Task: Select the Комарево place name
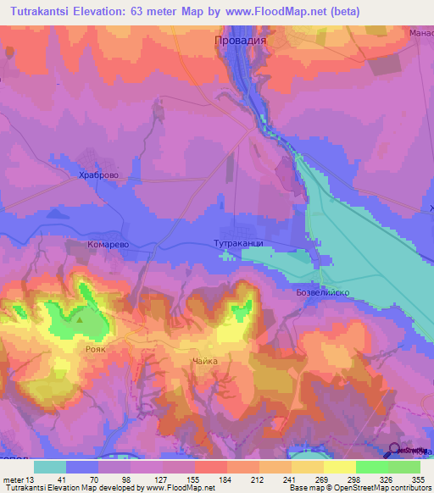point(108,243)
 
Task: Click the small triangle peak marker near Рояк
point(80,319)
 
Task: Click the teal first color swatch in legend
point(50,466)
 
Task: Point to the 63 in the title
point(151,12)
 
